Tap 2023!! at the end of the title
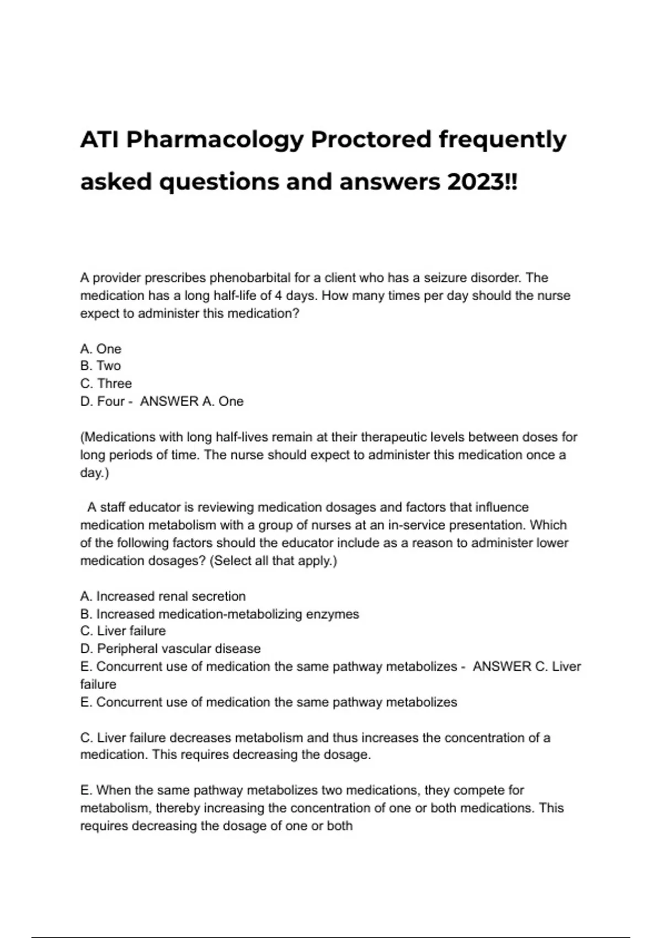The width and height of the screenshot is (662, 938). tap(483, 182)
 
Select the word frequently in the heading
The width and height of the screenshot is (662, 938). tap(502, 140)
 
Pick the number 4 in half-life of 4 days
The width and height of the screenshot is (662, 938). tap(279, 295)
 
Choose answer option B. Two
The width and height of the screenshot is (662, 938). tap(100, 366)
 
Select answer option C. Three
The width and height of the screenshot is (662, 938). tap(106, 383)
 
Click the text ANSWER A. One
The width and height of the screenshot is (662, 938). tap(191, 401)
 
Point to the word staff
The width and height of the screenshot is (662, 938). tap(113, 507)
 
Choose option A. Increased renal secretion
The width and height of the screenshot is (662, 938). tap(163, 596)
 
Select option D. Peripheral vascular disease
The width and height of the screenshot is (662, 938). tap(170, 649)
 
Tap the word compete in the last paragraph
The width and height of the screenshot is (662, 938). tap(474, 790)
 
